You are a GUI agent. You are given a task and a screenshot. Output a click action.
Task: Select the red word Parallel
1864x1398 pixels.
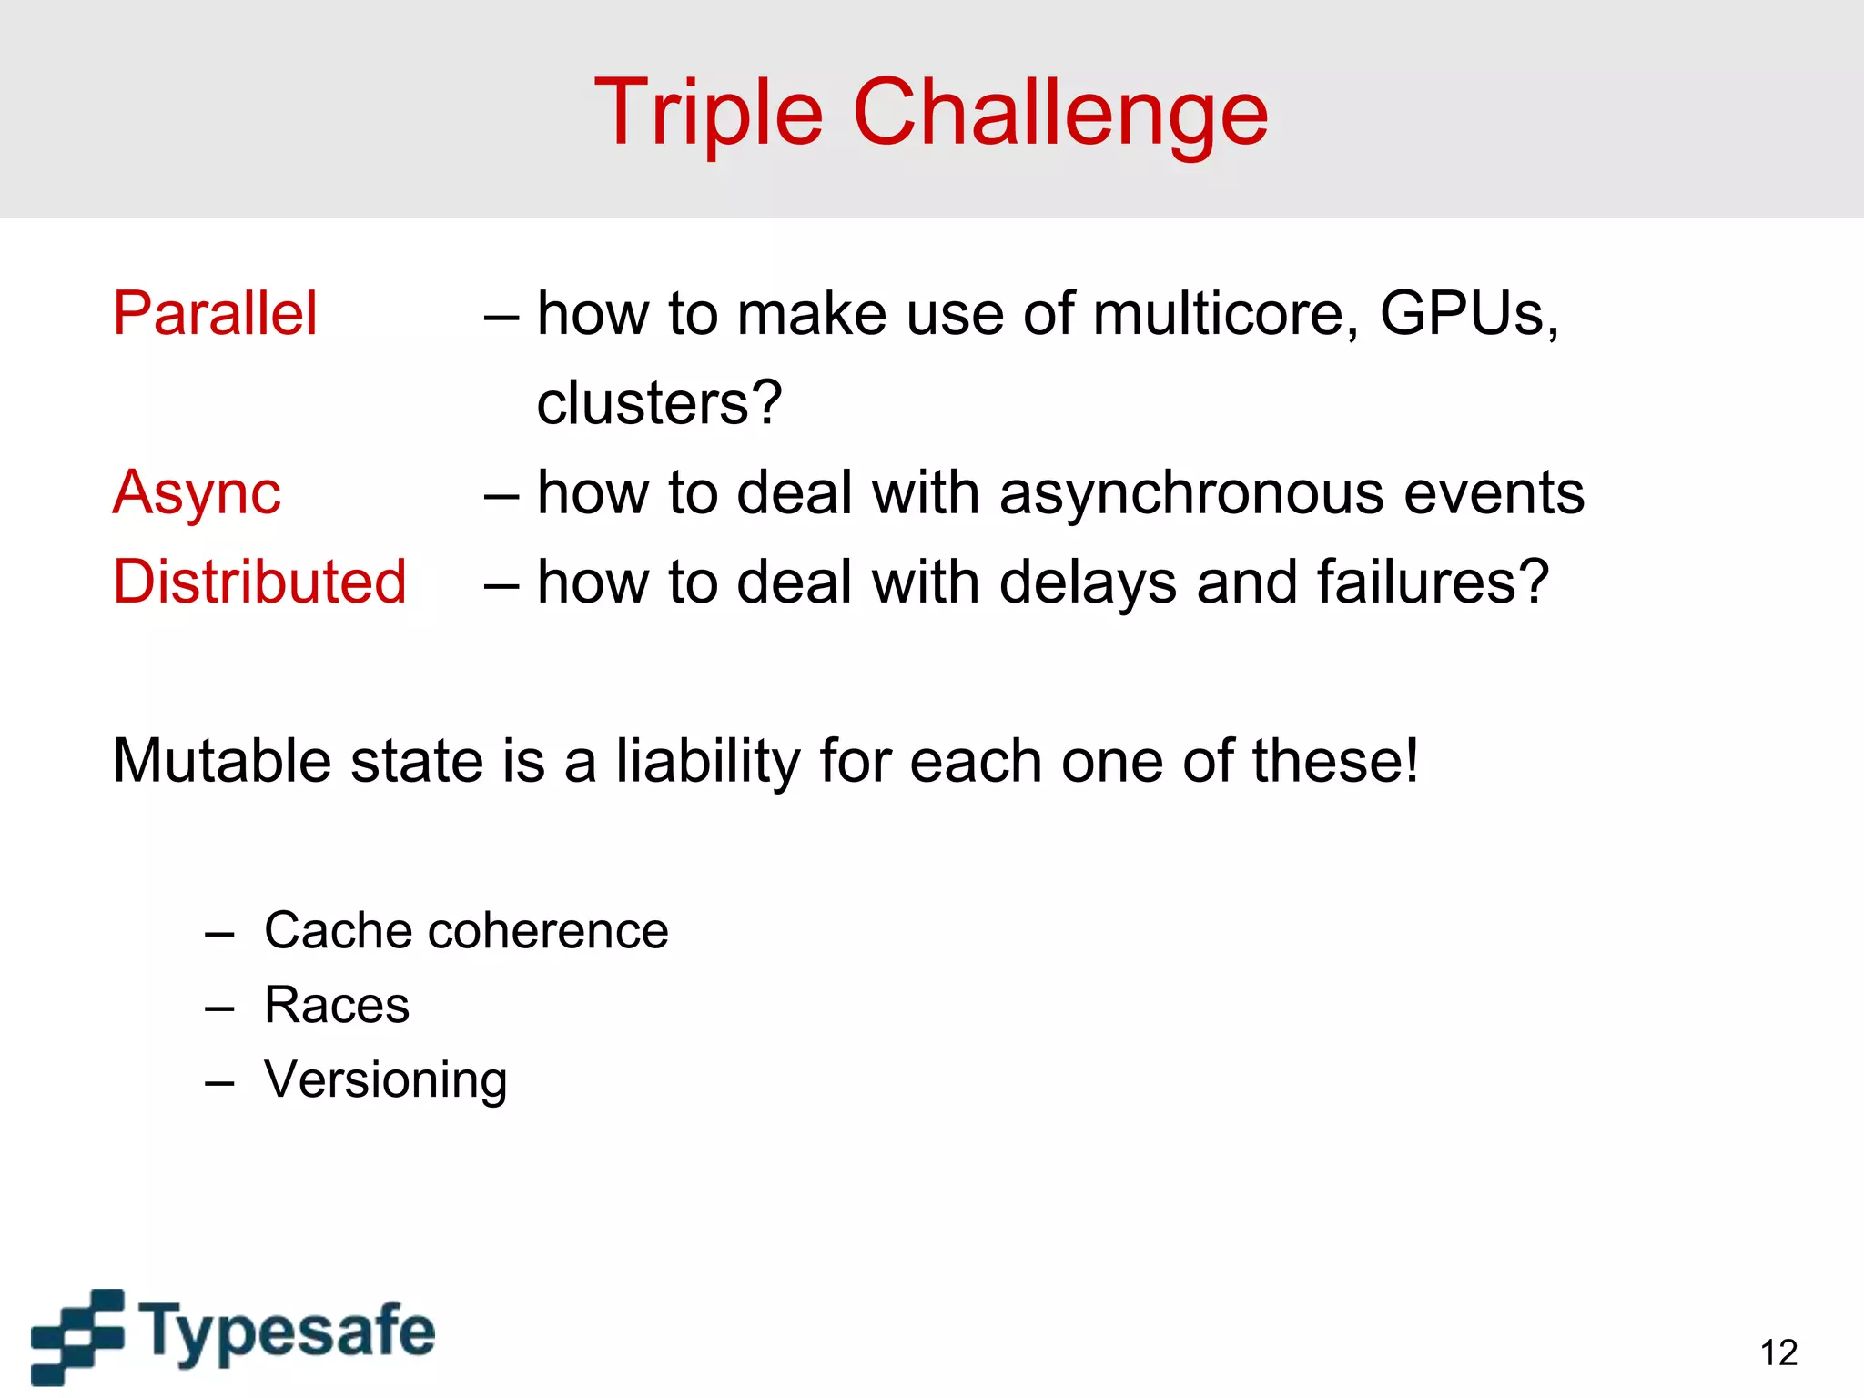pos(215,314)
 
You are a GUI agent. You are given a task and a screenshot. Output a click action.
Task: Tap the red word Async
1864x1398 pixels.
pos(197,493)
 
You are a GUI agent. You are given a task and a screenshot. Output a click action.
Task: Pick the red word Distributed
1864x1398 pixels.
pos(259,582)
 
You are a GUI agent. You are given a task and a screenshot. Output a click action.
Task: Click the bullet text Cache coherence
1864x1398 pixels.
pos(466,931)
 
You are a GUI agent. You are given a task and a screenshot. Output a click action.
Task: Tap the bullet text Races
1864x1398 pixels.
pos(337,1006)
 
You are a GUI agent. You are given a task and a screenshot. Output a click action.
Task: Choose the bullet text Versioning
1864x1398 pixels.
pos(385,1080)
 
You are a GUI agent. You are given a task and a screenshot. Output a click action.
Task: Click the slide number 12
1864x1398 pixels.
pos(1778,1353)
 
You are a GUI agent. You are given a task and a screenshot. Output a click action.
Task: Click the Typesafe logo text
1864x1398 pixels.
pos(288,1332)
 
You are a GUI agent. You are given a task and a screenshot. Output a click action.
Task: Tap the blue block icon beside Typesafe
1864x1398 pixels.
pos(77,1335)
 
